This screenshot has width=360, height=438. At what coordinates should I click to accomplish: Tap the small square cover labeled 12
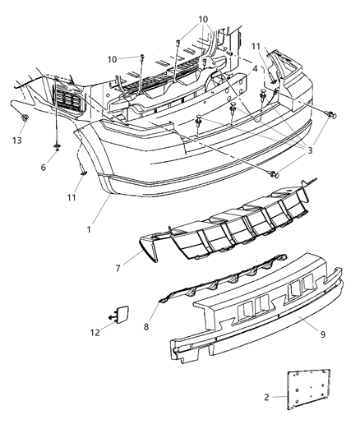point(120,314)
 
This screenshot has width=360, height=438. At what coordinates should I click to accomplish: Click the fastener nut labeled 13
point(25,120)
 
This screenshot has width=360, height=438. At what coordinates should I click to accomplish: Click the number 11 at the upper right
point(256,47)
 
